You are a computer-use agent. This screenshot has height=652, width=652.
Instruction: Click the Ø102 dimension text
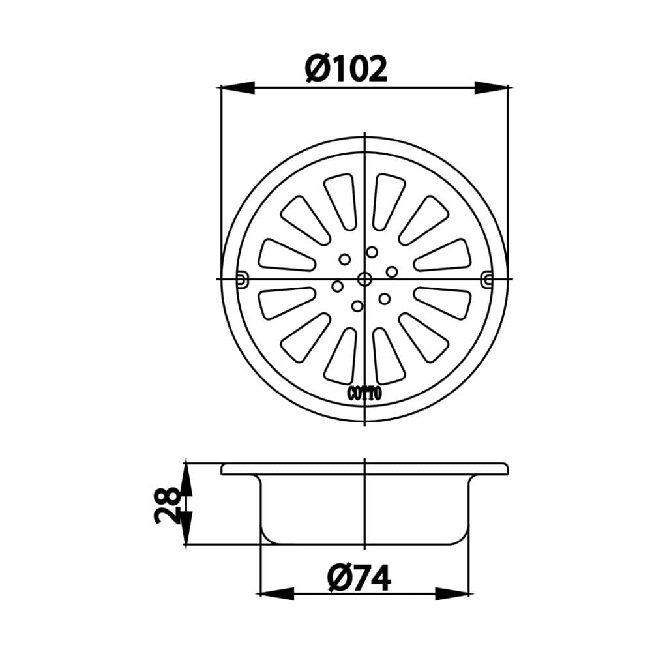pyautogui.click(x=346, y=69)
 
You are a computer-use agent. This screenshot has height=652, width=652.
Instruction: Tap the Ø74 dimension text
pyautogui.click(x=359, y=578)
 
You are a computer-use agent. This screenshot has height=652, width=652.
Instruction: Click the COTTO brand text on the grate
pyautogui.click(x=364, y=394)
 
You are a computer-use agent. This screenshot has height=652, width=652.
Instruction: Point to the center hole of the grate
pyautogui.click(x=364, y=279)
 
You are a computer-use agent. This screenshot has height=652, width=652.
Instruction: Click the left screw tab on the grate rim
pyautogui.click(x=242, y=280)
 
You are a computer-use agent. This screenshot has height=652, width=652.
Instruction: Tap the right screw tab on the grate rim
pyautogui.click(x=487, y=280)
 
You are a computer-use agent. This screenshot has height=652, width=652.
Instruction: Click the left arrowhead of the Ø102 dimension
pyautogui.click(x=238, y=88)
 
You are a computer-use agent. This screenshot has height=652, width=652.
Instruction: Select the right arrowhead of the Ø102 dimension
pyautogui.click(x=492, y=88)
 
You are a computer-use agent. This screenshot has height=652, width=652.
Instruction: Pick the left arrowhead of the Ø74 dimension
pyautogui.click(x=277, y=594)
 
